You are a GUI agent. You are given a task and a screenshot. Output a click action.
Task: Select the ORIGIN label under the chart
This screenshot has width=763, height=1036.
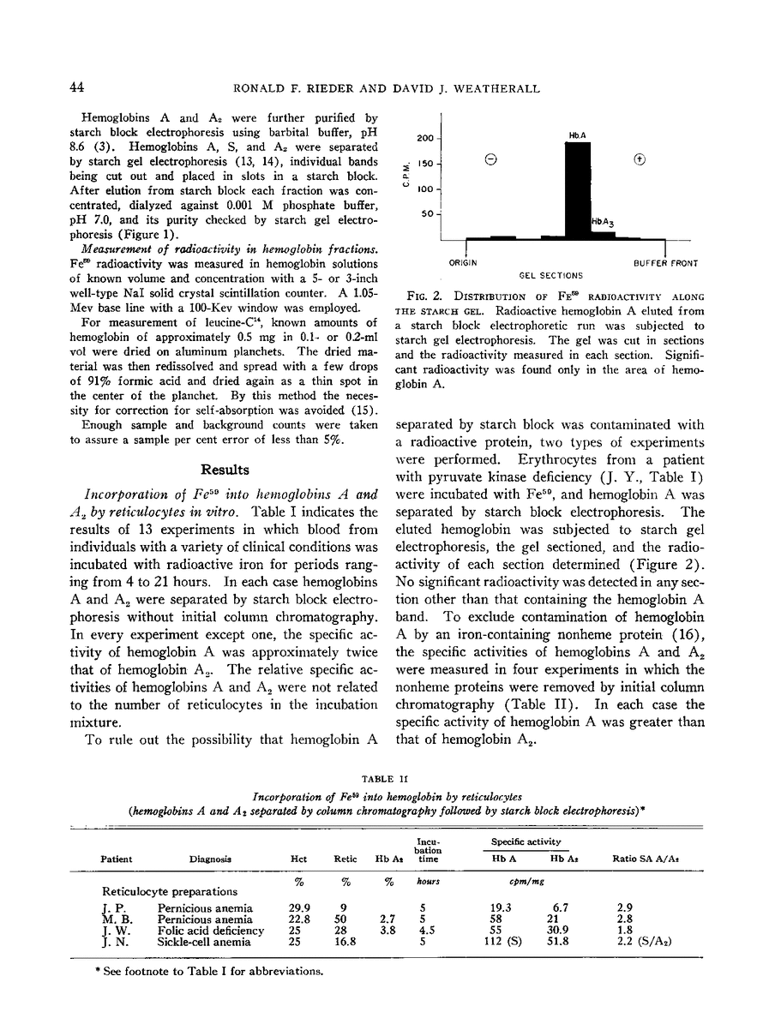point(466,262)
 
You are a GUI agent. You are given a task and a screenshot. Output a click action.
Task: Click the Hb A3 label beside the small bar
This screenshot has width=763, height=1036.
point(603,222)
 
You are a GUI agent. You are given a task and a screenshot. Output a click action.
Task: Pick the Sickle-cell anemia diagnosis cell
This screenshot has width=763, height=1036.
point(205,941)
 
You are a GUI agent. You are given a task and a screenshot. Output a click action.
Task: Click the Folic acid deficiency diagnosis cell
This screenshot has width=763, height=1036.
point(211,930)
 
